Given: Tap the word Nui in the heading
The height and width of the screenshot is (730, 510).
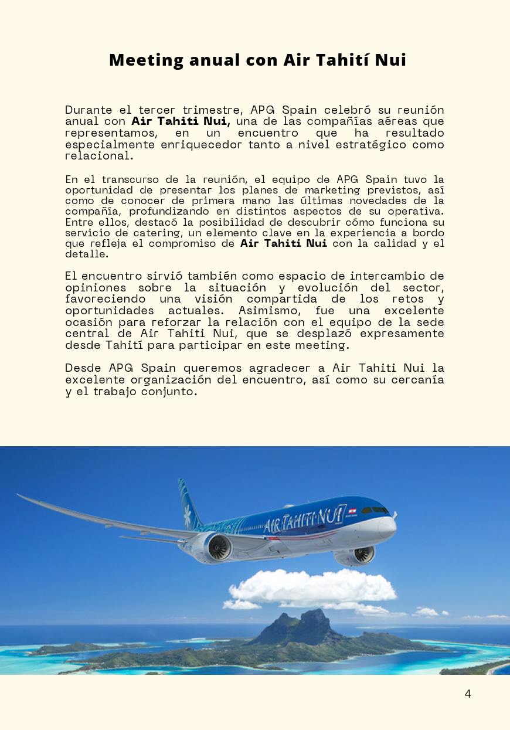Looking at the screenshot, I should point(390,60).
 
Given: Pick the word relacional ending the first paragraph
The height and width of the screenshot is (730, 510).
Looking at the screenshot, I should point(98,156).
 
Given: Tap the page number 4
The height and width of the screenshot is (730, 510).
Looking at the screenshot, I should point(468,694).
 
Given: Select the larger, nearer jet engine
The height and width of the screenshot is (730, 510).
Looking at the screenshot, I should point(215,548).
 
